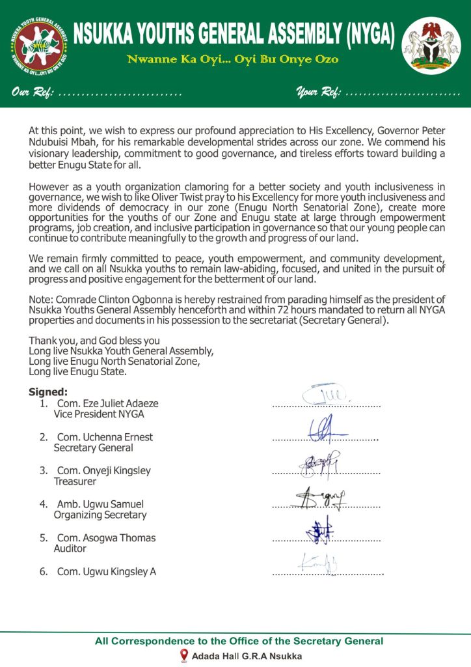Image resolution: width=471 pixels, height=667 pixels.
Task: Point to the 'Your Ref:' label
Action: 318,93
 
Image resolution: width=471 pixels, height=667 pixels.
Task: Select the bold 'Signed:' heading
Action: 48,392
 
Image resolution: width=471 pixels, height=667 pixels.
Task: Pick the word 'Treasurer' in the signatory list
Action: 75,481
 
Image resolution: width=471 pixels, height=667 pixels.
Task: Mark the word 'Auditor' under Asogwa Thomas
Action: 70,548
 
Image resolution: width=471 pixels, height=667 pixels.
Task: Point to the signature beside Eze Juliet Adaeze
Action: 325,395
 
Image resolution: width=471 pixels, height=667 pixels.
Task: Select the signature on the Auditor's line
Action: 321,530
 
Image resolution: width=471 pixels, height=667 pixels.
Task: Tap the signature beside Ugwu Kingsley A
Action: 320,563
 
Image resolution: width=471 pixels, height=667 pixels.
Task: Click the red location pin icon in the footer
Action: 184,656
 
